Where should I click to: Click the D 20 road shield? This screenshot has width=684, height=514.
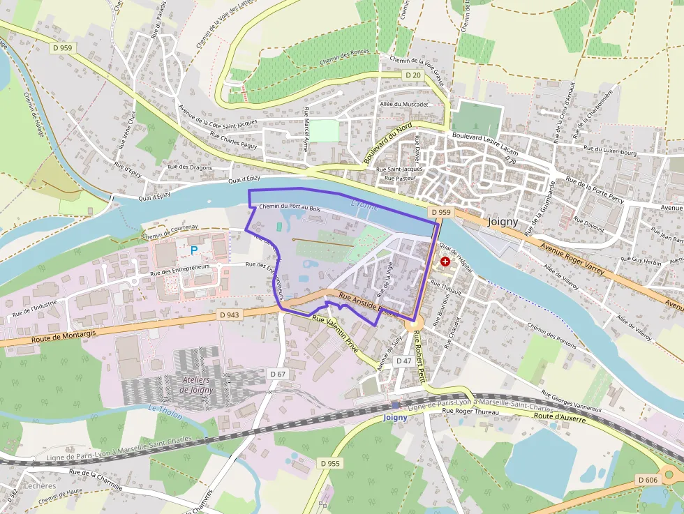pyautogui.click(x=413, y=75)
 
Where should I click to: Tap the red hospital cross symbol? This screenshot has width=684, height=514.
pyautogui.click(x=445, y=261)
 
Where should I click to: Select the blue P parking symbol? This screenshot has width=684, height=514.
pyautogui.click(x=194, y=249)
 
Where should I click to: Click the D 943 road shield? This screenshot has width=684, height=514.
pyautogui.click(x=229, y=315)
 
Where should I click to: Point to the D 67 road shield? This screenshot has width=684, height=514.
pyautogui.click(x=278, y=375)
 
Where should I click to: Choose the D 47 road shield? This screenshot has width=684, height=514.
pyautogui.click(x=403, y=361)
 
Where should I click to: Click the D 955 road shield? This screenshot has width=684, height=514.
pyautogui.click(x=330, y=463)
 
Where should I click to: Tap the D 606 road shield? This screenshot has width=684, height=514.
pyautogui.click(x=648, y=480)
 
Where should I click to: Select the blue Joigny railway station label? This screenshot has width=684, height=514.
pyautogui.click(x=396, y=417)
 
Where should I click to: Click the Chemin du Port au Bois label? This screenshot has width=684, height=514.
pyautogui.click(x=289, y=208)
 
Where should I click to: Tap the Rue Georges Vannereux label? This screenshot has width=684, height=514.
pyautogui.click(x=572, y=401)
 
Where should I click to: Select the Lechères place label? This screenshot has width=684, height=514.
pyautogui.click(x=39, y=485)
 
